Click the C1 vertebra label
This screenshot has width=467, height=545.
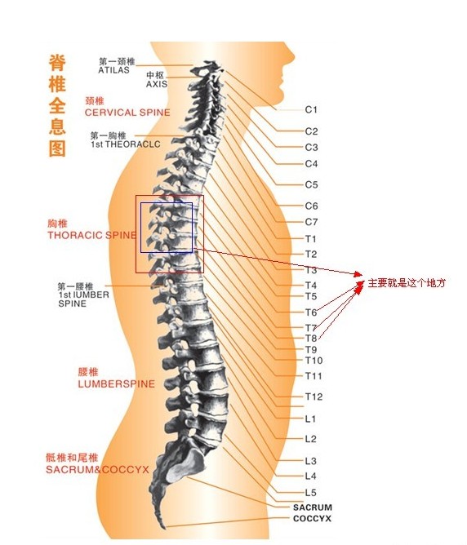311,110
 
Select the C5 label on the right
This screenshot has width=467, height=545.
312,184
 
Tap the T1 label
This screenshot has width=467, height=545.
310,239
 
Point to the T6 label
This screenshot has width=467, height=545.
311,312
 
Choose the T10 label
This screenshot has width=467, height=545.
314,361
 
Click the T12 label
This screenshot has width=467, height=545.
314,397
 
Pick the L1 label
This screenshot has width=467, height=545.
310,419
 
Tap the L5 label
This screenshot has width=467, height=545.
311,493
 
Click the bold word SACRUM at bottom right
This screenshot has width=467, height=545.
312,507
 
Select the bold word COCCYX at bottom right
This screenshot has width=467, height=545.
312,519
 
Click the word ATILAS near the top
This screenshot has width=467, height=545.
113,70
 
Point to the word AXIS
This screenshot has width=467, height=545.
157,84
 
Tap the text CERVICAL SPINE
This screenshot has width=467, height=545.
127,113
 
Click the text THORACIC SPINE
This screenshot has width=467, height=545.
92,235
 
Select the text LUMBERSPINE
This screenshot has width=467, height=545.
117,384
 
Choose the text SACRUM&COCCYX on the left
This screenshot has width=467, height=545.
97,470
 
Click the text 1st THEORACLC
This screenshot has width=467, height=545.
126,144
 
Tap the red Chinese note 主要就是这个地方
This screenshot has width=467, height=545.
407,283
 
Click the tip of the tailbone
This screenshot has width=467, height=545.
164,528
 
